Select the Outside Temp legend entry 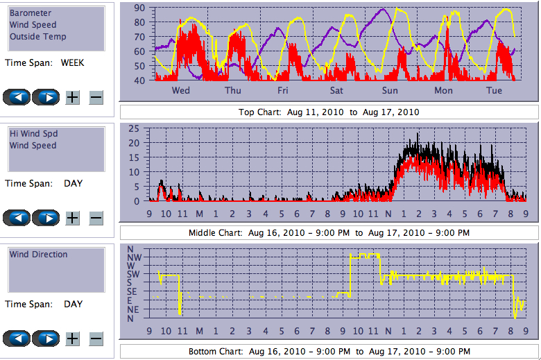tap(37, 37)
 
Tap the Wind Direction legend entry tap(38, 255)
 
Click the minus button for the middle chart tap(96, 218)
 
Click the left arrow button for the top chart tap(17, 97)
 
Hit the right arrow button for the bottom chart tap(46, 338)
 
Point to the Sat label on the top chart tap(336, 91)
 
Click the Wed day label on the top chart tap(180, 91)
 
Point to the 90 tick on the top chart tap(139, 8)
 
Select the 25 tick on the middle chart tap(134, 128)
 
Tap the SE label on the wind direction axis tap(132, 291)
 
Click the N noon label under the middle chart tap(388, 213)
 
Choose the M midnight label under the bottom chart tap(199, 330)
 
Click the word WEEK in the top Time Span tap(73, 62)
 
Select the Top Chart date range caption tap(329, 112)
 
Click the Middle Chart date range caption tap(329, 232)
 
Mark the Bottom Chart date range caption tap(329, 352)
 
